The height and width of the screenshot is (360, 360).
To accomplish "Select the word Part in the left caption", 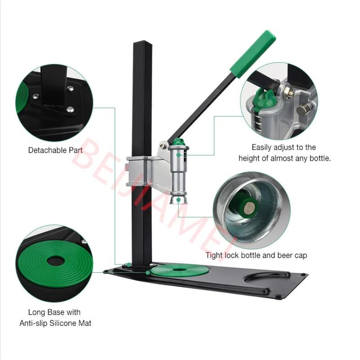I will coord(75,150).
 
